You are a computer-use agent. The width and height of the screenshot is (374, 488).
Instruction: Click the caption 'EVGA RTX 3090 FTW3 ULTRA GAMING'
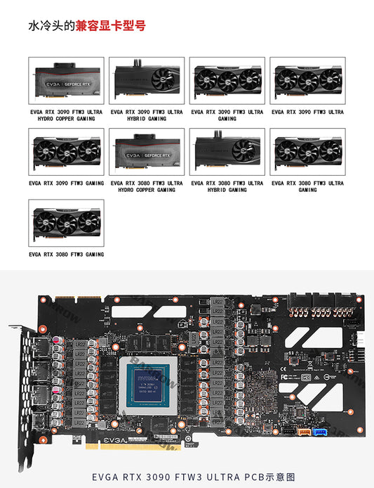[227, 115]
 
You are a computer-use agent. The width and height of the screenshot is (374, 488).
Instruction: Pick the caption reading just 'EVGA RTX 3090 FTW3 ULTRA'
[307, 112]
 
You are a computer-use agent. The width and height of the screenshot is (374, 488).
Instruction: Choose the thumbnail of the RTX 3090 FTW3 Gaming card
[66, 152]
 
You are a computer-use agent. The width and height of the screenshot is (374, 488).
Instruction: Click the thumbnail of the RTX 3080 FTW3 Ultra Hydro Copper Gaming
[147, 152]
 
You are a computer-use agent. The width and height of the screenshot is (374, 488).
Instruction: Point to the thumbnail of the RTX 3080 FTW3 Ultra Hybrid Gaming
[227, 152]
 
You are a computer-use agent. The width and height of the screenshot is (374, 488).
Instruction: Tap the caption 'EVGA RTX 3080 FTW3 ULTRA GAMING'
[307, 186]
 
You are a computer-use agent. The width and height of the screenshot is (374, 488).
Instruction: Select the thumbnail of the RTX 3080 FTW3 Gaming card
[66, 223]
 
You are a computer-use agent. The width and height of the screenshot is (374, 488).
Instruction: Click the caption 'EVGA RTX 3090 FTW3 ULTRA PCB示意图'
[187, 477]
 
